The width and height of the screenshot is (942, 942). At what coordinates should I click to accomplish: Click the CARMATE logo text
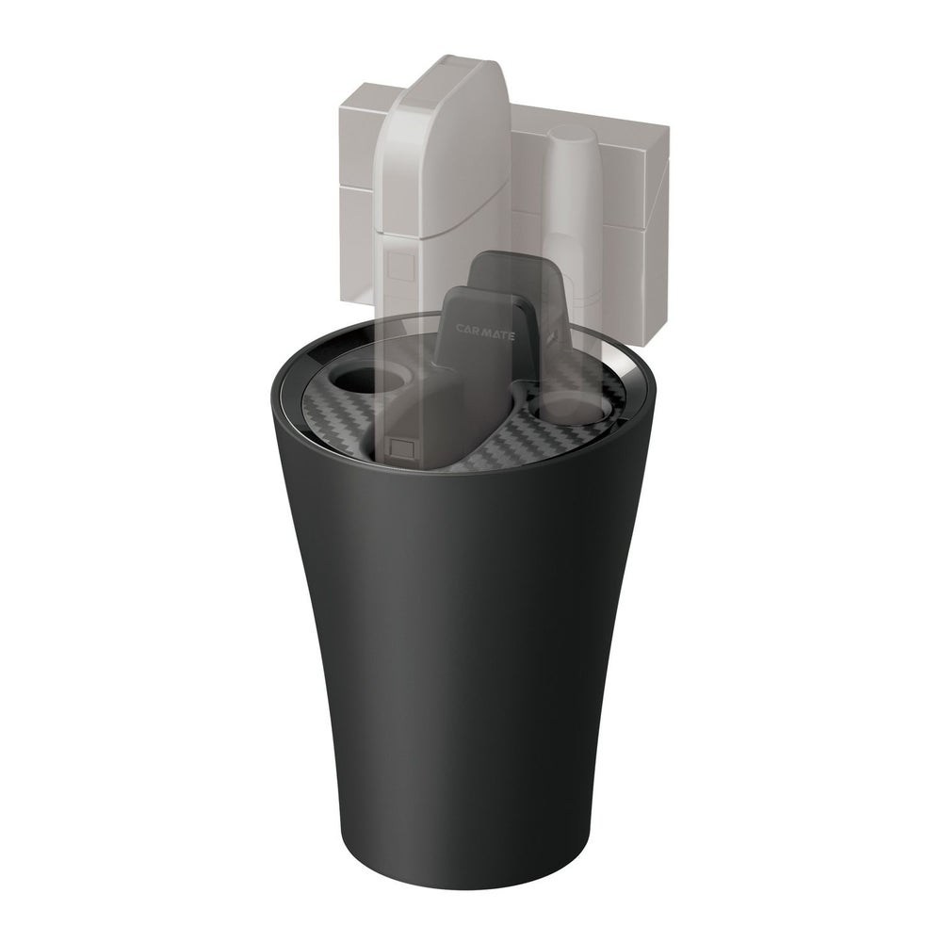tap(484, 333)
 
